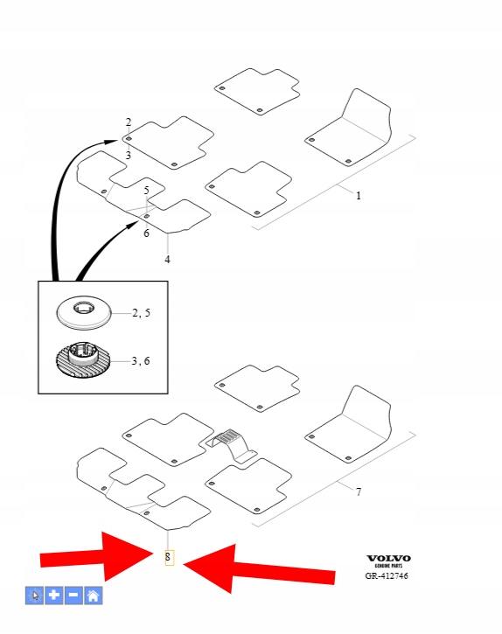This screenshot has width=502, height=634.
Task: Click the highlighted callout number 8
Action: (168, 557)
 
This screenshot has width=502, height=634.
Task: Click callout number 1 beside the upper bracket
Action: (359, 196)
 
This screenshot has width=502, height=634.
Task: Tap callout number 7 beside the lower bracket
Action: (359, 491)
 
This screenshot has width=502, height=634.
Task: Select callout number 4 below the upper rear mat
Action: (167, 260)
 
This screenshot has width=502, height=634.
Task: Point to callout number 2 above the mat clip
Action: (129, 122)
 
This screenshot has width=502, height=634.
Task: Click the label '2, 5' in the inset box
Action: (141, 313)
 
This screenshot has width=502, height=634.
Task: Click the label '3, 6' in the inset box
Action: (141, 360)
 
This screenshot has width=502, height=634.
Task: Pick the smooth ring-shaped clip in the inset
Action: (83, 312)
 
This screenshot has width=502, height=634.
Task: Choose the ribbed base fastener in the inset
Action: (82, 360)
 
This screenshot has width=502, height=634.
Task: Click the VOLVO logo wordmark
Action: (388, 559)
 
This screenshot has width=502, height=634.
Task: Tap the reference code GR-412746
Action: (387, 575)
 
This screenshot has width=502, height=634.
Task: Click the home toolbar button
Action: (93, 596)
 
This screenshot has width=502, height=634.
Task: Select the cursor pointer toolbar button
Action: (34, 596)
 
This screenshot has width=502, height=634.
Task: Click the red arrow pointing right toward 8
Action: (97, 557)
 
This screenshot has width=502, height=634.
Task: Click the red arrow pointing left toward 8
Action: (259, 569)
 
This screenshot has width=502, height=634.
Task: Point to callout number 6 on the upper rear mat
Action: (146, 233)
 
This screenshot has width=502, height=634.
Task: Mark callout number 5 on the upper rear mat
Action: (146, 190)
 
